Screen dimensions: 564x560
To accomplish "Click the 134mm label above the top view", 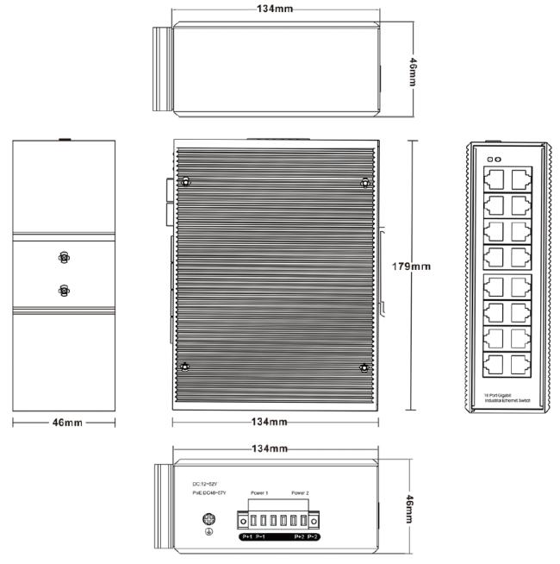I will point(275,9).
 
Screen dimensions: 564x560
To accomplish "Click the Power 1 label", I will point(259,493).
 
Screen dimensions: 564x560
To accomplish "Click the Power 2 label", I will point(300,493).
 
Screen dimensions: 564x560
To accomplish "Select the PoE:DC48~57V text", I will point(208,492).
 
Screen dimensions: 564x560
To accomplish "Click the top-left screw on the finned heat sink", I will point(185,182).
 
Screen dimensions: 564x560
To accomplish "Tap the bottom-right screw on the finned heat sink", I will point(364,368).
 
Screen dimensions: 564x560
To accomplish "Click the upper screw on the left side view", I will point(63,258).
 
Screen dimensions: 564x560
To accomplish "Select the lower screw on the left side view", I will point(63,290).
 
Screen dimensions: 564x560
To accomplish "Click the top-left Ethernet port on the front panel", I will point(495,179).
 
